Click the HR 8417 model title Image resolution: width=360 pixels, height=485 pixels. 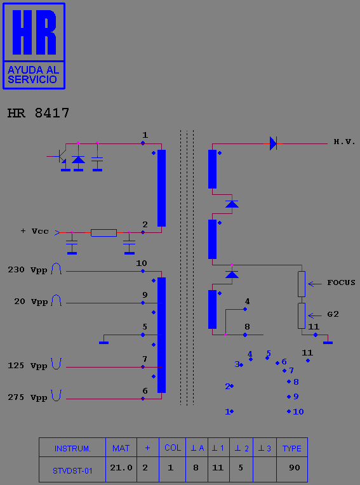click(38, 113)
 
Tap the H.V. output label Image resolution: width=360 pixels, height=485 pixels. click(344, 142)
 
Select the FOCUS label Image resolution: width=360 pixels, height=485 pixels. click(341, 282)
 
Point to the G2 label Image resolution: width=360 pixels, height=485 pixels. click(333, 314)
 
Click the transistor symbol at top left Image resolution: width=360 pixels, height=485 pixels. click(60, 157)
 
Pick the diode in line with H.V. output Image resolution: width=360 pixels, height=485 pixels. click(273, 143)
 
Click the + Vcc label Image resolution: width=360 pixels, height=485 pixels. click(35, 231)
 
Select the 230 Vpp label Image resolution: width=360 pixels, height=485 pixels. click(27, 270)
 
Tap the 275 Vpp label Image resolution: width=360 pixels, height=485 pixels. click(27, 397)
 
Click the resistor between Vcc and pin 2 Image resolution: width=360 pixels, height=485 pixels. click(103, 232)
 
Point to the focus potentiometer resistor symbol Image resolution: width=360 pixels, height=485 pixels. click(302, 284)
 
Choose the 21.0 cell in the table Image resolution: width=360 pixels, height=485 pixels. click(121, 468)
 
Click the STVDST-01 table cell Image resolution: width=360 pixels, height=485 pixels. click(72, 471)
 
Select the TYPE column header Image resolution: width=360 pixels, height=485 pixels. click(292, 449)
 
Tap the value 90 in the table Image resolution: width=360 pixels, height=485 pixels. click(295, 468)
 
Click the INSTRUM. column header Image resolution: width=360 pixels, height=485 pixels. click(72, 449)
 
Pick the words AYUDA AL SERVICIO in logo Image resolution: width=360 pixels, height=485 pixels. click(33, 74)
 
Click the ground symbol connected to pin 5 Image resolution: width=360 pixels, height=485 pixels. click(103, 342)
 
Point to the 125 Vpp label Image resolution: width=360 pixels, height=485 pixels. click(27, 366)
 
